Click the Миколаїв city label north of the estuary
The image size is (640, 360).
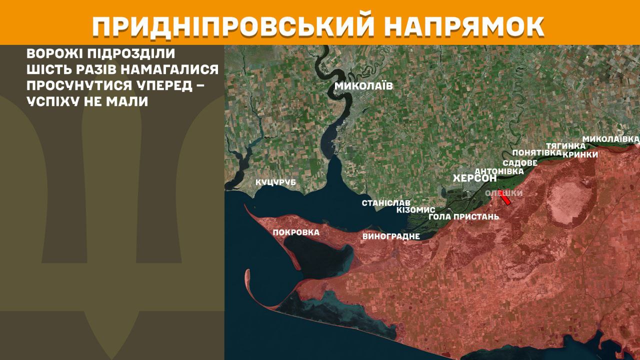363,86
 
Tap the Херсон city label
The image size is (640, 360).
474,178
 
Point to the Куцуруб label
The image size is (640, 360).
275,182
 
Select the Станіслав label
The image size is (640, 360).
386,203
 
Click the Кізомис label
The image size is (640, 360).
415,210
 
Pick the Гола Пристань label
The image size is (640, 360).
463,217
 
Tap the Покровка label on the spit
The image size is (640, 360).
296,232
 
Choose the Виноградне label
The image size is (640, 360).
390,236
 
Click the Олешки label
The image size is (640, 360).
504,193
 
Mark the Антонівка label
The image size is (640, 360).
498,171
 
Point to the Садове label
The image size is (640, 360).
520,163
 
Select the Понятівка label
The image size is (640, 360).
536,152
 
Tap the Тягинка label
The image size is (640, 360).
565,145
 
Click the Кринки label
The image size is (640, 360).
580,154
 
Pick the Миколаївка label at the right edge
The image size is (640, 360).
611,138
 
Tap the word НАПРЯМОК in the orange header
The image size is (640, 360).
465,27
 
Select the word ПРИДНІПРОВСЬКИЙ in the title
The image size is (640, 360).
233,27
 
